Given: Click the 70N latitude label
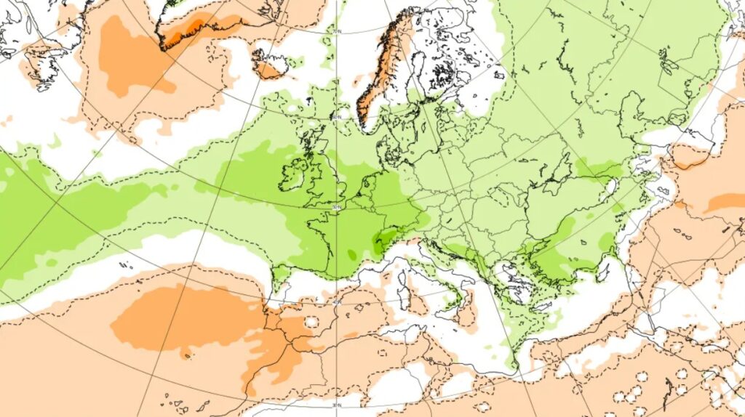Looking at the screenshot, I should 337,32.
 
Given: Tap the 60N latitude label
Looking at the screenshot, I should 337,117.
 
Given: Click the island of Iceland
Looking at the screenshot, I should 269,64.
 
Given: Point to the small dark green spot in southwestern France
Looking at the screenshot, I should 353,254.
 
